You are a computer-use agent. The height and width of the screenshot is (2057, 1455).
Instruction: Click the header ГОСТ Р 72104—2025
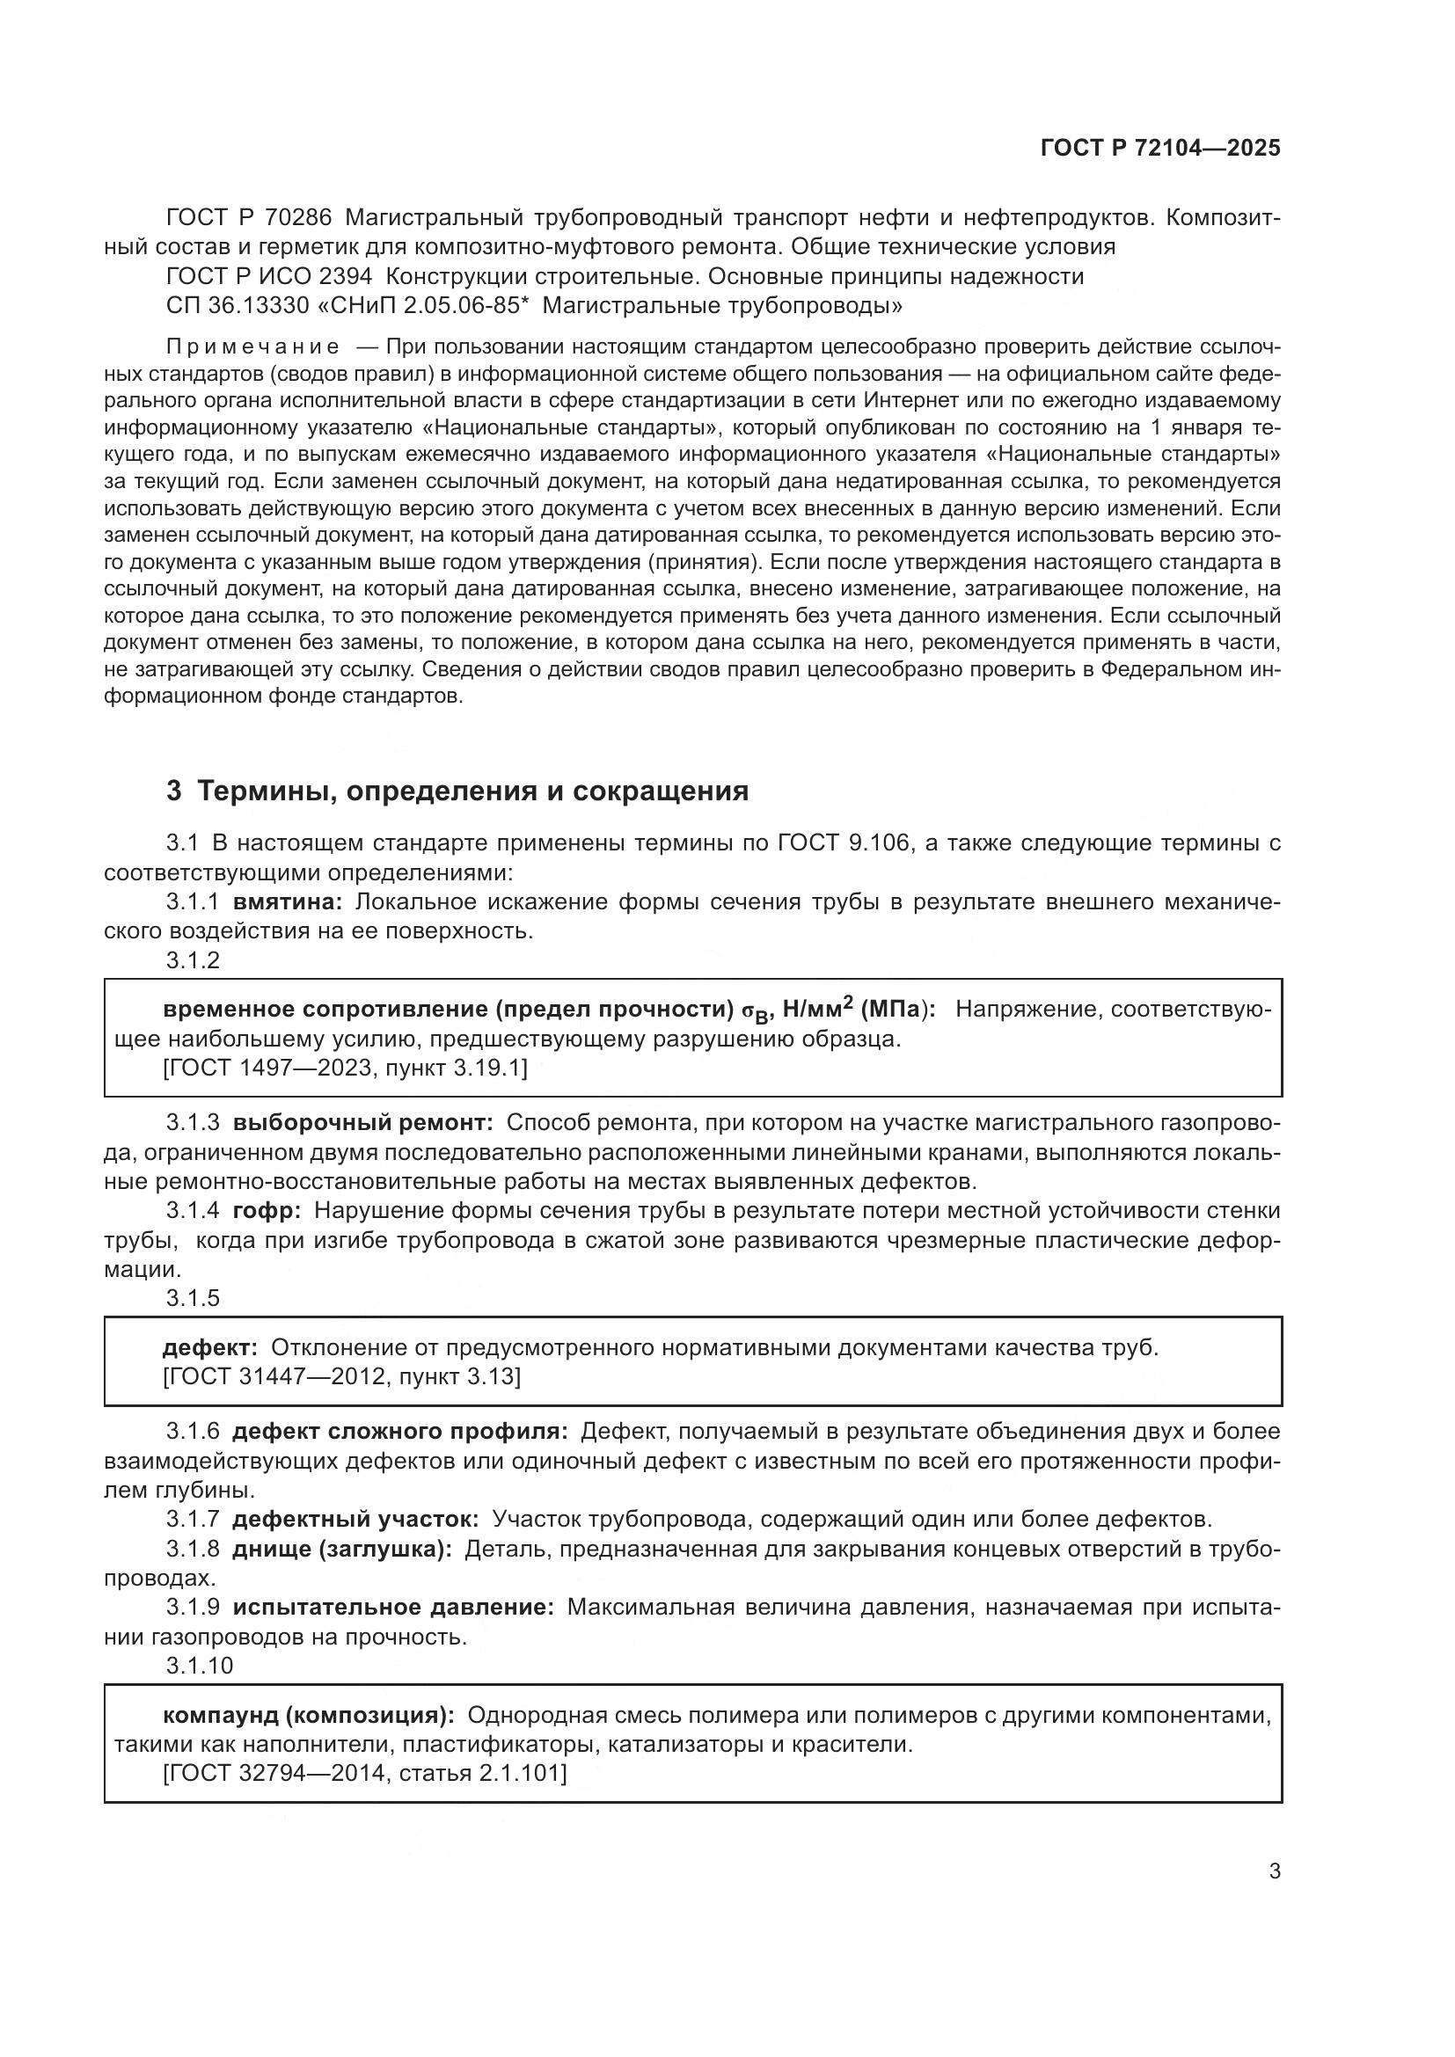(x=1160, y=149)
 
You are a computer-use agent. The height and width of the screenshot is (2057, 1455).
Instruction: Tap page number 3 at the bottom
(x=1274, y=1871)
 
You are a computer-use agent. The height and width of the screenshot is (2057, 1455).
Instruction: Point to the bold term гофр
(x=266, y=1210)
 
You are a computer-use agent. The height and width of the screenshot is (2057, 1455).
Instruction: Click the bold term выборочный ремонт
(x=362, y=1122)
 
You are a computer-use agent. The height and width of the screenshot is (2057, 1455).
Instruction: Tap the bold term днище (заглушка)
(x=342, y=1549)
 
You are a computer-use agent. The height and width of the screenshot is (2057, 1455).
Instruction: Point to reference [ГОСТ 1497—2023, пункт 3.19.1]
(x=345, y=1068)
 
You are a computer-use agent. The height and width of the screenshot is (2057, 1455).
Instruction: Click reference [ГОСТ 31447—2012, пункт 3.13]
(x=341, y=1376)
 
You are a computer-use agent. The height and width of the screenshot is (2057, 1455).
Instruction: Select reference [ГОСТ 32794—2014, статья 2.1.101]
(x=365, y=1773)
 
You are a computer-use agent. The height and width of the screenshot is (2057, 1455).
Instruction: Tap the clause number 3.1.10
(x=199, y=1666)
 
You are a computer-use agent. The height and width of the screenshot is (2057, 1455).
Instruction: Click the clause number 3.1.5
(x=193, y=1298)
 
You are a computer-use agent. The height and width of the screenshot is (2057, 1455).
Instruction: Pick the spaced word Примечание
(x=252, y=347)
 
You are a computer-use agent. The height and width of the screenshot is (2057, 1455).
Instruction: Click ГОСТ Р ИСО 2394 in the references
(x=269, y=276)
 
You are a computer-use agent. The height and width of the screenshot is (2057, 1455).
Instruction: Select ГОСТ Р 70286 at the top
(x=249, y=217)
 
